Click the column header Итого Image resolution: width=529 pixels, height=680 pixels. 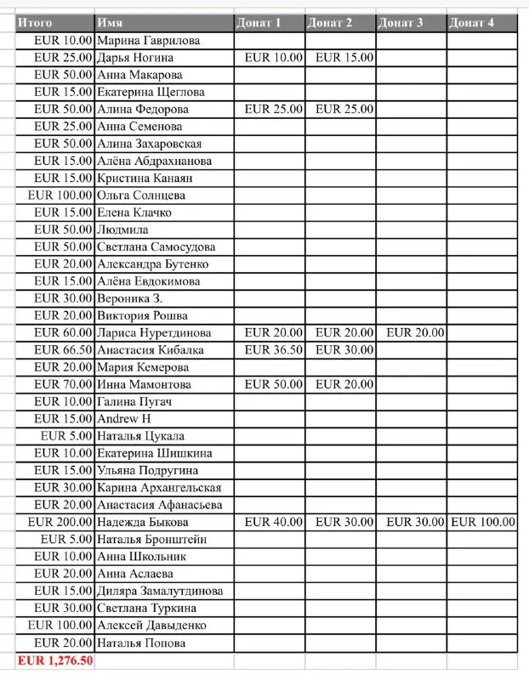[x=36, y=23]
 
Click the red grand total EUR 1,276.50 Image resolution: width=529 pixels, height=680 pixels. [x=55, y=660]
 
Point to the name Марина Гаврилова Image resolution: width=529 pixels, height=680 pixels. [x=149, y=40]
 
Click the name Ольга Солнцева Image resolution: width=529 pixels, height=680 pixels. [x=141, y=195]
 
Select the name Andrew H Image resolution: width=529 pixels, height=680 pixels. [x=124, y=419]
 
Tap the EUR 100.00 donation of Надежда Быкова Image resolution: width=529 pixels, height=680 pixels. [x=482, y=522]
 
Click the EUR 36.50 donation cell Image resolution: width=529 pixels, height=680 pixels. [x=273, y=350]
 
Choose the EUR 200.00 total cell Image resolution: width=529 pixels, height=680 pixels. [x=60, y=522]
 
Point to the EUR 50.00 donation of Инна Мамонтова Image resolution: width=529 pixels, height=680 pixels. [x=273, y=384]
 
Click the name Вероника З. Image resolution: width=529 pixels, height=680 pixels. [x=130, y=298]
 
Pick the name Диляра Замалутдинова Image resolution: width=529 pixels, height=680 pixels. [x=160, y=591]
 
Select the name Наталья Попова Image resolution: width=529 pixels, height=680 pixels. [x=141, y=643]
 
